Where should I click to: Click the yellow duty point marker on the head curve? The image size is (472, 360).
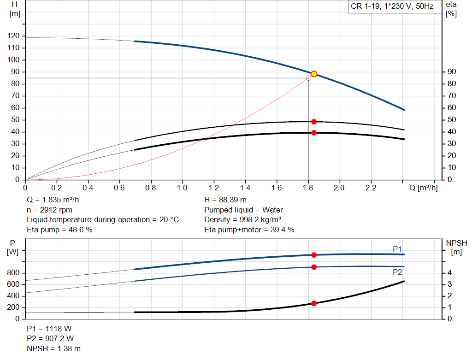pyautogui.click(x=314, y=74)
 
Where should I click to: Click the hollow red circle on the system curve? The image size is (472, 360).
pyautogui.click(x=308, y=78)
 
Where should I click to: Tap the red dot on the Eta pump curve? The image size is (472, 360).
pyautogui.click(x=314, y=122)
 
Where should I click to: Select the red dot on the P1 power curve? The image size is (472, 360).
pyautogui.click(x=314, y=255)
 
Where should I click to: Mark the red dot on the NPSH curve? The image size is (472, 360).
pyautogui.click(x=314, y=303)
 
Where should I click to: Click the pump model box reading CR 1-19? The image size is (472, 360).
pyautogui.click(x=392, y=7)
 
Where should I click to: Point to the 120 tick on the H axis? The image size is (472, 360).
pyautogui.click(x=14, y=36)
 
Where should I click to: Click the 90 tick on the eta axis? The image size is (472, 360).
pyautogui.click(x=451, y=72)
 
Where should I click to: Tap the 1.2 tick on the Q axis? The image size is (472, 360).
pyautogui.click(x=213, y=188)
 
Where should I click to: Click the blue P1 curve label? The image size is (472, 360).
pyautogui.click(x=397, y=249)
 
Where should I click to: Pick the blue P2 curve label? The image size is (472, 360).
pyautogui.click(x=397, y=272)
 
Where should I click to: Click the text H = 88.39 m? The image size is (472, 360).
pyautogui.click(x=225, y=200)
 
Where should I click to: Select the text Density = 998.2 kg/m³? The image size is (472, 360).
pyautogui.click(x=242, y=220)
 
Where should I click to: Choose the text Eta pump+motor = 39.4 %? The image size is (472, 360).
pyautogui.click(x=249, y=230)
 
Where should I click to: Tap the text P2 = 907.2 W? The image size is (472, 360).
pyautogui.click(x=49, y=339)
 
